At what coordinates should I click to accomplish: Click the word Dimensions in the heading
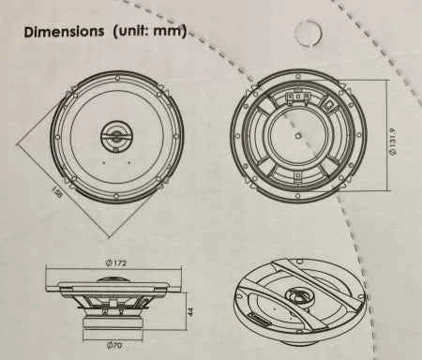point(64,32)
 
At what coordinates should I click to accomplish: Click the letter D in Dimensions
point(29,32)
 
